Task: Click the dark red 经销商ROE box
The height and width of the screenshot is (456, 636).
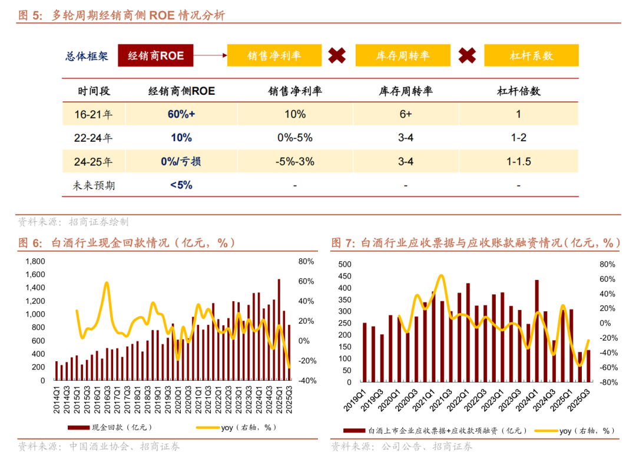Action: (x=156, y=56)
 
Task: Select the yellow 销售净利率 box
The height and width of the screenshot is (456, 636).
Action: (x=274, y=56)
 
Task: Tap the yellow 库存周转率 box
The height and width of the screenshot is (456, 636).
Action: (x=403, y=56)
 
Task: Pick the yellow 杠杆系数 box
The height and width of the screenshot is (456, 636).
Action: (x=531, y=56)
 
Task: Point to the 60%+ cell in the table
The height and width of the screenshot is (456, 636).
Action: (x=181, y=114)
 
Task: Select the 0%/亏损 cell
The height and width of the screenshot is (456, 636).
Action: (x=181, y=161)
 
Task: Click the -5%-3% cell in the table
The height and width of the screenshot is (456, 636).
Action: (x=294, y=161)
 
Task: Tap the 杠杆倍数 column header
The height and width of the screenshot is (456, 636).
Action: (x=518, y=91)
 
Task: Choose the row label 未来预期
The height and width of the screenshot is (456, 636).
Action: (x=94, y=185)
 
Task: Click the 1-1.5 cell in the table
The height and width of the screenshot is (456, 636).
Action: (x=518, y=161)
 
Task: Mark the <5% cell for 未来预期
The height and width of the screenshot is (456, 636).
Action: (x=181, y=185)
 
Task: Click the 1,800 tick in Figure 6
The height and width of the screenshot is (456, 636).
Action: (x=36, y=261)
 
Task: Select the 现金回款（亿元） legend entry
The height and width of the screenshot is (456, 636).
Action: (x=111, y=428)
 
